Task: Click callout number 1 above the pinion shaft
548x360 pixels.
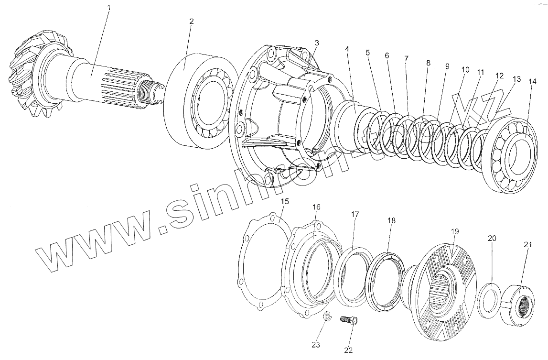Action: tap(109, 8)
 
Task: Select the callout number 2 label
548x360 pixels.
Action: tap(191, 22)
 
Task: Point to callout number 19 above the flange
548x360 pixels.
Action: tap(454, 231)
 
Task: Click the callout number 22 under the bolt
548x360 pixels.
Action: tap(348, 350)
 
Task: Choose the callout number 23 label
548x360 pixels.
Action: tap(316, 344)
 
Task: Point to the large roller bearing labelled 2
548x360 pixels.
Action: tap(201, 103)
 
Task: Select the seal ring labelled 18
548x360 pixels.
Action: tap(384, 282)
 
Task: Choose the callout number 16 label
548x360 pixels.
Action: tap(317, 207)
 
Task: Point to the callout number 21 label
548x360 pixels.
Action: tap(527, 245)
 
